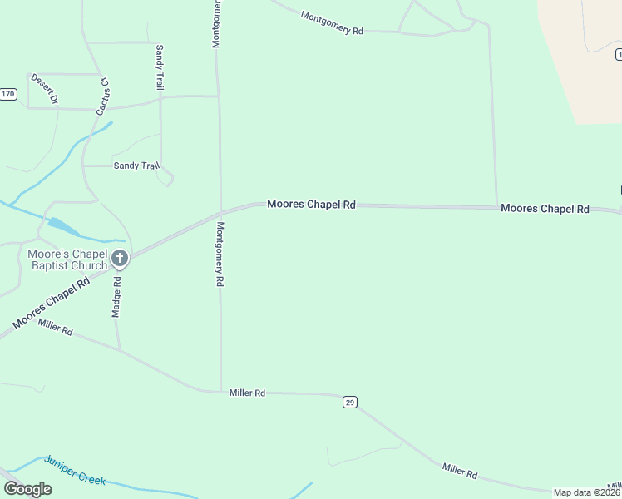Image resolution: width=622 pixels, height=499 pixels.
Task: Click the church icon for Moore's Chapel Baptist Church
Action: [x=120, y=259]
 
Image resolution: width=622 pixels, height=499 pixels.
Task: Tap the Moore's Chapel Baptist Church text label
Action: [x=67, y=259]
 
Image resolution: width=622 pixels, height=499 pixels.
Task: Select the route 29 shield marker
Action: [x=349, y=403]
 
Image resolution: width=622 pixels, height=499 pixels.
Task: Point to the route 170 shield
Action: [x=8, y=94]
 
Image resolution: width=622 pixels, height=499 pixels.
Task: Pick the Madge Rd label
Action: [x=117, y=297]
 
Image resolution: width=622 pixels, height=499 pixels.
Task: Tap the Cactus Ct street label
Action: [x=104, y=96]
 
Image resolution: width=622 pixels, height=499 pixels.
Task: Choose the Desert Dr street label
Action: [x=44, y=89]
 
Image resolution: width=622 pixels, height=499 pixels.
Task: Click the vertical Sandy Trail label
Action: [x=160, y=68]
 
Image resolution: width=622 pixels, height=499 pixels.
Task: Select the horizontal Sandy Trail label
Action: [x=136, y=166]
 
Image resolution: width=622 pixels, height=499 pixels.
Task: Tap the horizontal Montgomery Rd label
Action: [x=332, y=23]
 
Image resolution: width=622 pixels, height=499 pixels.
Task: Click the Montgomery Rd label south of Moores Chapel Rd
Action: [x=220, y=254]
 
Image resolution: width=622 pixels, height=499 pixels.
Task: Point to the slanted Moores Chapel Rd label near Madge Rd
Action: [x=51, y=304]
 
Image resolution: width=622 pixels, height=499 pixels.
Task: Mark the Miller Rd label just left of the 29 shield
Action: [x=247, y=393]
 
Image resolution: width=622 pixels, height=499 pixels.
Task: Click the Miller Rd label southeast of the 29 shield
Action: [x=460, y=472]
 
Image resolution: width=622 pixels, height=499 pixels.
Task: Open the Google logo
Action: [x=27, y=489]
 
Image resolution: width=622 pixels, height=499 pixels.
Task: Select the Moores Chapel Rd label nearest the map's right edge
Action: [x=545, y=209]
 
